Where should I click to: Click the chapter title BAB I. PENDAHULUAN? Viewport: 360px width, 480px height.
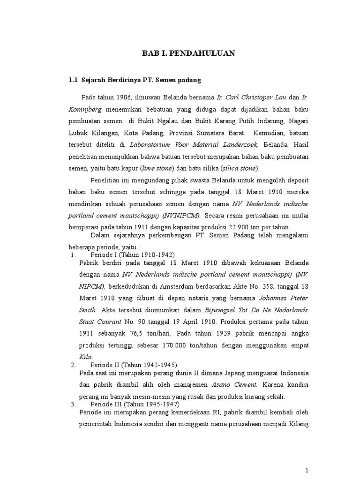188,54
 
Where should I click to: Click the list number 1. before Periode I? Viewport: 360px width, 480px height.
73,255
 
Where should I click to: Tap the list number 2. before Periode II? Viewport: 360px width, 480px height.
73,365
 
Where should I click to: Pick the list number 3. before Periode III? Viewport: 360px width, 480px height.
73,404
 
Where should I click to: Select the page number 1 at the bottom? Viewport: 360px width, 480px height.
307,469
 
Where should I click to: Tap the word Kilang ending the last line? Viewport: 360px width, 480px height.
297,424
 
